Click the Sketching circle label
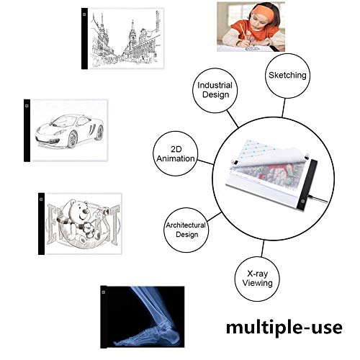point(287,76)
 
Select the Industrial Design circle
point(215,91)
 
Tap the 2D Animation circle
point(176,153)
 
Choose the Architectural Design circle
point(186,230)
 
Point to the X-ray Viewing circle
point(257,279)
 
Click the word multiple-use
point(284,328)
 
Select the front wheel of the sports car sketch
point(72,140)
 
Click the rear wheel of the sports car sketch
point(99,133)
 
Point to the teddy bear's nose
point(84,212)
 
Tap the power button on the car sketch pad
point(27,106)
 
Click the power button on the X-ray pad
point(104,292)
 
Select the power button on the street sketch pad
point(84,14)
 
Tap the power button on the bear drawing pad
point(41,199)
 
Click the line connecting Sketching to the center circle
point(284,108)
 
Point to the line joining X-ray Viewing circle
point(263,248)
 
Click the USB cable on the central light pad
point(318,199)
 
